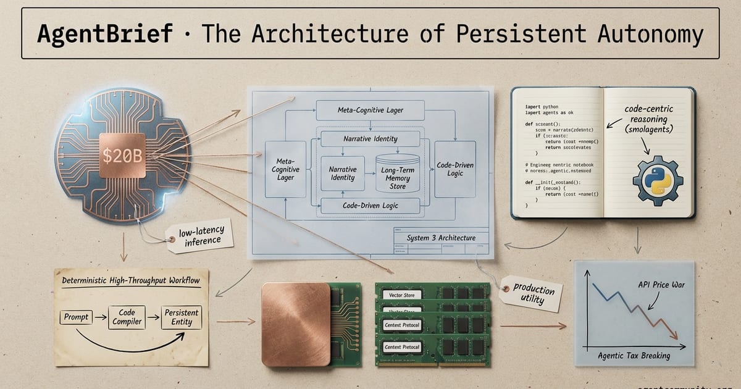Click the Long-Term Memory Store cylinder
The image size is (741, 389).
397,173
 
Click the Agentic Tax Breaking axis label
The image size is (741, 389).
634,356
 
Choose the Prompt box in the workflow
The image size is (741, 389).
75,317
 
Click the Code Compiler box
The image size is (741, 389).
127,317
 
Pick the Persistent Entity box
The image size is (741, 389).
182,317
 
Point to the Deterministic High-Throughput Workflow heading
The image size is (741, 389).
131,281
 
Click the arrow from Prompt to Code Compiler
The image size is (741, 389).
99,317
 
